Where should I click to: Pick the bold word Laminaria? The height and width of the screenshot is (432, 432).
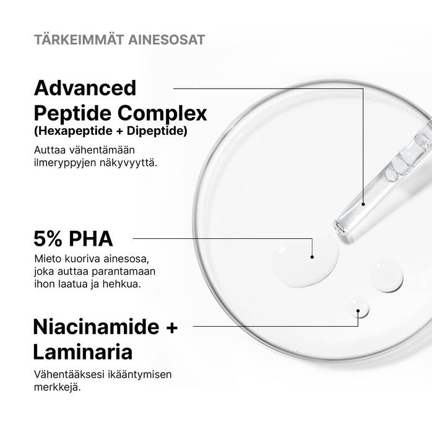83,352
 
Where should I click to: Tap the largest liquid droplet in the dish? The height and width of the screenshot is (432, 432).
306,262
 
